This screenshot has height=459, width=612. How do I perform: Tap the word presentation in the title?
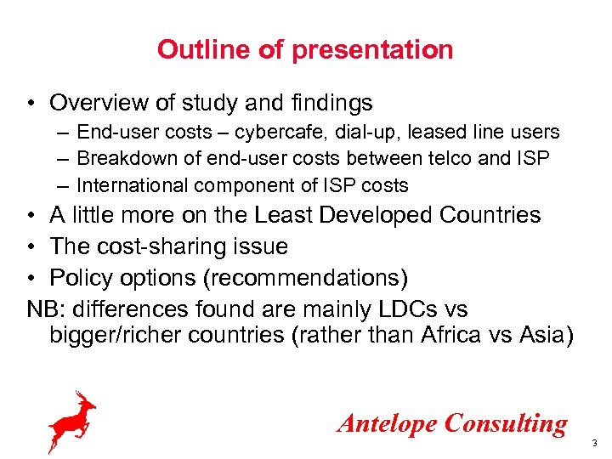(x=372, y=49)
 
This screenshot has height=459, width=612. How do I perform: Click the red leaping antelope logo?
(x=71, y=420)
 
